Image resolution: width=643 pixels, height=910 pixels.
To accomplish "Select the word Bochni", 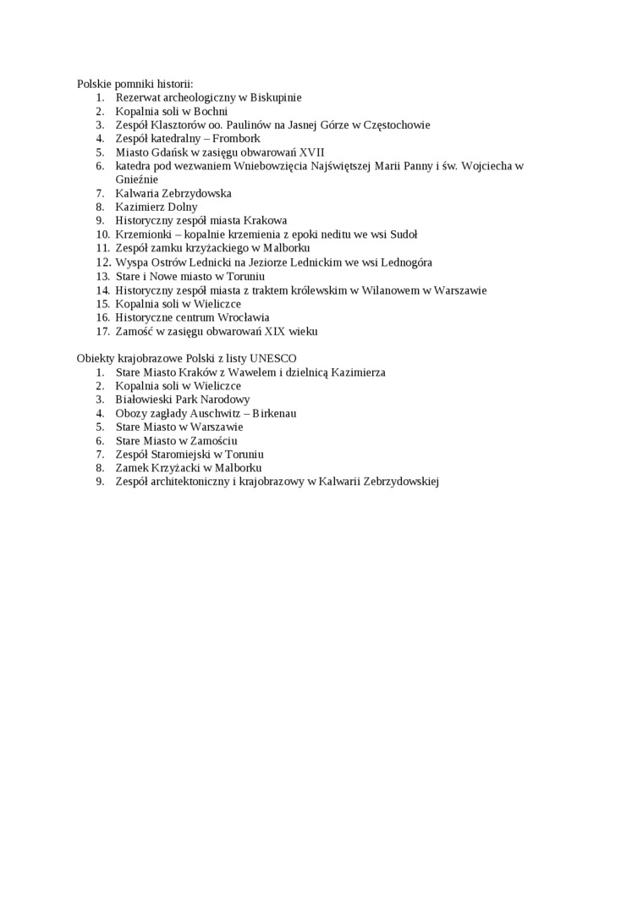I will [x=211, y=111].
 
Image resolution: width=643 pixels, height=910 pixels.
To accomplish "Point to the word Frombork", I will [x=236, y=138].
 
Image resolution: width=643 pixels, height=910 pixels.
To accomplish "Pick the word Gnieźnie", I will [x=137, y=179].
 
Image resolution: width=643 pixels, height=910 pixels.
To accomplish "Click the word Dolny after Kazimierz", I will [x=183, y=207].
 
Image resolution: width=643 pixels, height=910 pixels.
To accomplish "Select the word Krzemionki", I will [x=143, y=234].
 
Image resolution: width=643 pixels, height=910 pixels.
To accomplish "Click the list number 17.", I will [x=102, y=331].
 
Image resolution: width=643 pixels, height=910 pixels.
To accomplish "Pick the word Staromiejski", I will [x=184, y=455].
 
